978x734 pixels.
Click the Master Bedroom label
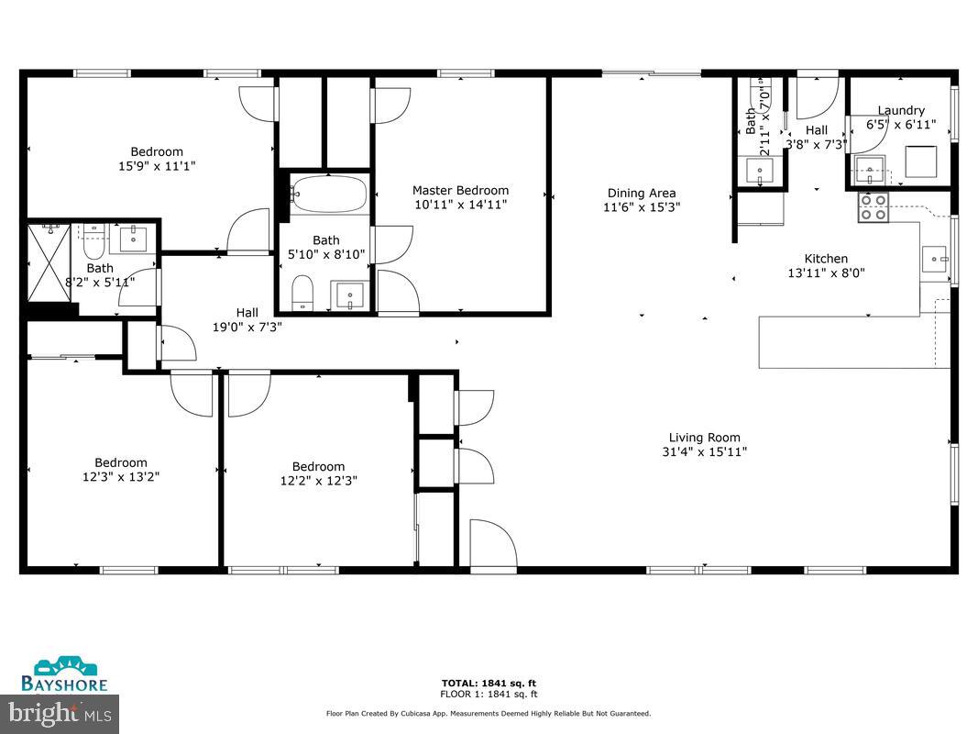[x=460, y=190]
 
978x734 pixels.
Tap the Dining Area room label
[x=641, y=193]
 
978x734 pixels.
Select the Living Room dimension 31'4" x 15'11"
[x=704, y=451]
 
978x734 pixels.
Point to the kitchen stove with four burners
[x=873, y=208]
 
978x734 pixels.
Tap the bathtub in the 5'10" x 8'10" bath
[x=329, y=195]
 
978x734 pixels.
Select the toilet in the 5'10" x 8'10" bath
[x=302, y=293]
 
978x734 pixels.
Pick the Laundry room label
[x=901, y=110]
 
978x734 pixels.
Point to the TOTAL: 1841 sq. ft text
[x=489, y=683]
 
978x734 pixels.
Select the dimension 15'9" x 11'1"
[x=157, y=166]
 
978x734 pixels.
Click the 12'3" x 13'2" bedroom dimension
[x=121, y=476]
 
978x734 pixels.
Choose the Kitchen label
[x=826, y=259]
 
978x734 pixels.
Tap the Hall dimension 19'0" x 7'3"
[x=247, y=326]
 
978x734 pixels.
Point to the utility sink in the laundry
[x=869, y=169]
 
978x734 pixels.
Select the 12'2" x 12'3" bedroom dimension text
[x=318, y=480]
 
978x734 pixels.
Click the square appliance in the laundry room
[x=920, y=161]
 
